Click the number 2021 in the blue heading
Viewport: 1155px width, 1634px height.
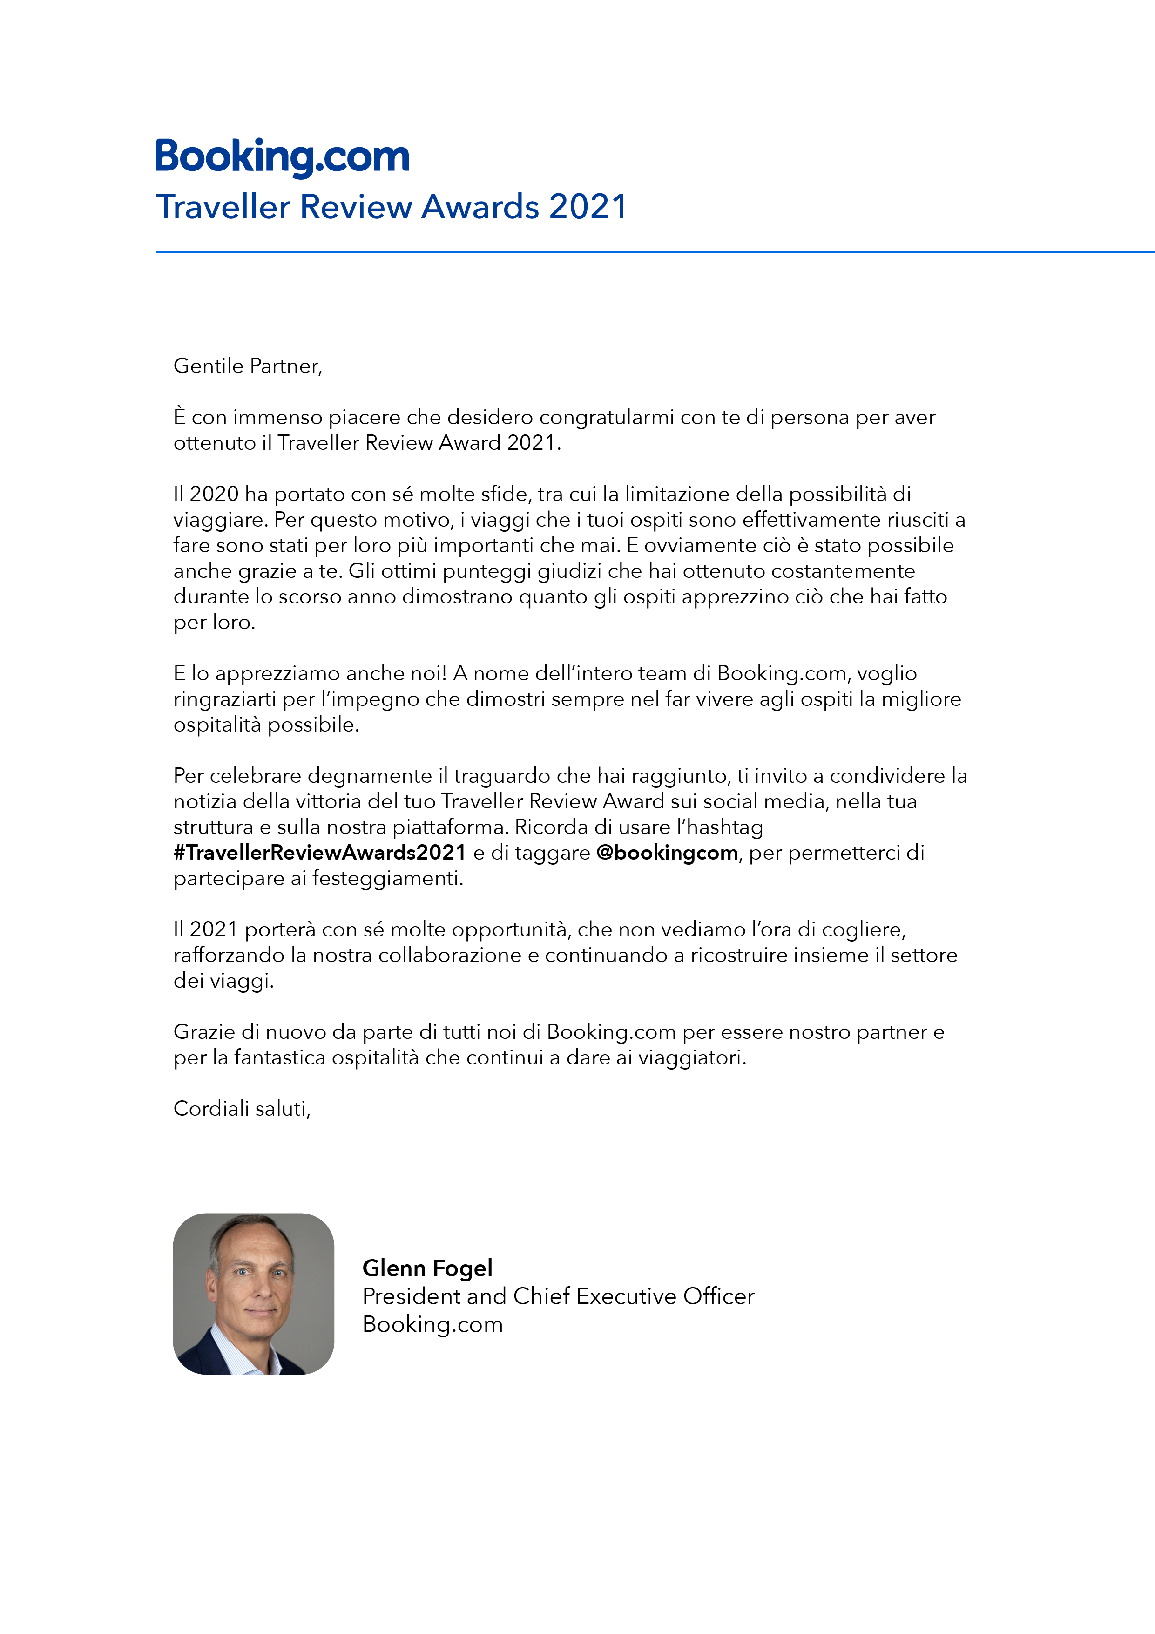coord(588,207)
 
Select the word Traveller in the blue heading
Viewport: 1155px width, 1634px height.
coord(223,207)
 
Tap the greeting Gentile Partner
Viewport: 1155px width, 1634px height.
coord(248,366)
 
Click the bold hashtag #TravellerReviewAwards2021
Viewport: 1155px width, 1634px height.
coord(319,853)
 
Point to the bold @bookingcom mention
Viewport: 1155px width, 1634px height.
coord(667,853)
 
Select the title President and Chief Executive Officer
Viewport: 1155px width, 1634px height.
coord(558,1297)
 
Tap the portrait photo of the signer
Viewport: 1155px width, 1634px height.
coord(253,1294)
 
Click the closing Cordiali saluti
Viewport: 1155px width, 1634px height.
coord(242,1109)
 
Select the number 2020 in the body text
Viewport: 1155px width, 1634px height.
coord(214,494)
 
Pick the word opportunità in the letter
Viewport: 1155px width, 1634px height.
coord(511,929)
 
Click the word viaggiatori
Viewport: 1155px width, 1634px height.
coord(692,1058)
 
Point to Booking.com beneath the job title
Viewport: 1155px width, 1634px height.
coord(432,1324)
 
